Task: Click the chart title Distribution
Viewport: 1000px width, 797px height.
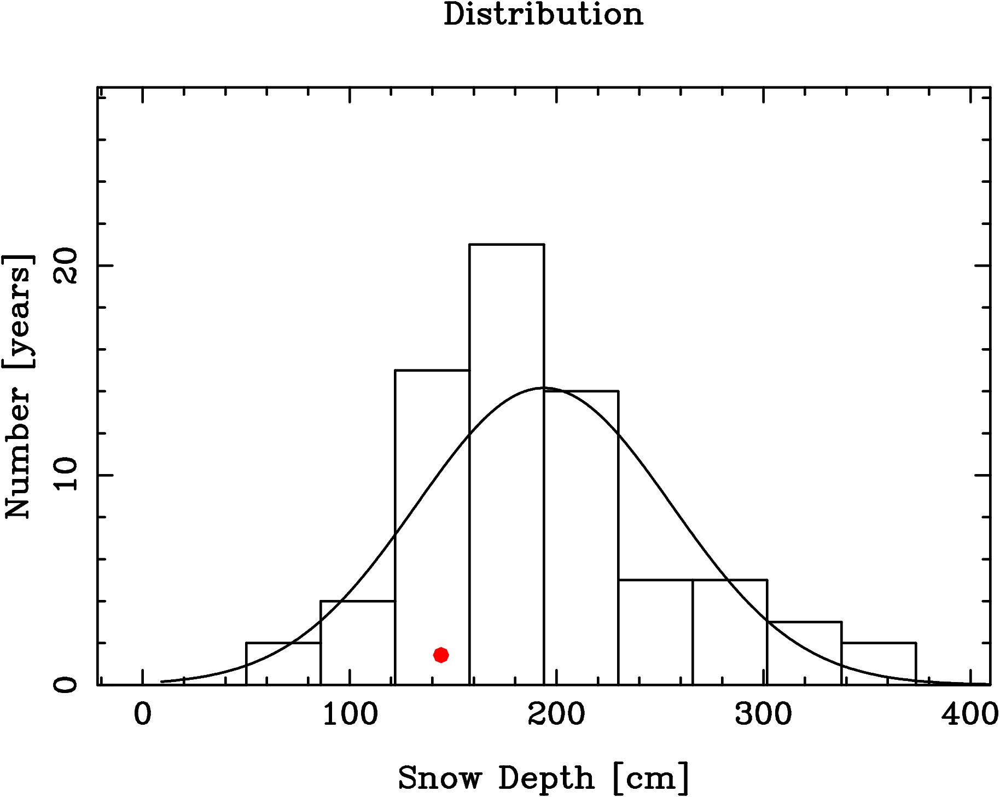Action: pyautogui.click(x=543, y=14)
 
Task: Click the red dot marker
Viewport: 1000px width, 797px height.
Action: pyautogui.click(x=441, y=655)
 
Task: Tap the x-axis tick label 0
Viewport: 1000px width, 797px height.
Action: pyautogui.click(x=143, y=715)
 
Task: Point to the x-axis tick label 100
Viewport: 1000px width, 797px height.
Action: pyautogui.click(x=350, y=715)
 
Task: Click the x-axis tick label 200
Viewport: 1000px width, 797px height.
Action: pyautogui.click(x=556, y=715)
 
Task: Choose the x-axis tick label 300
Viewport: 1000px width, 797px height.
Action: pyautogui.click(x=763, y=715)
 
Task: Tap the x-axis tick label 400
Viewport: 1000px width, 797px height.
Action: pyautogui.click(x=969, y=715)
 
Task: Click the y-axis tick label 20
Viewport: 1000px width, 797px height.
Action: pyautogui.click(x=67, y=266)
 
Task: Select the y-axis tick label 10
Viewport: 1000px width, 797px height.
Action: pyautogui.click(x=67, y=475)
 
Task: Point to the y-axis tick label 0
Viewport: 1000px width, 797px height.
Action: pyautogui.click(x=67, y=685)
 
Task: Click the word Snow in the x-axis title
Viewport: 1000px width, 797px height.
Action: pyautogui.click(x=440, y=778)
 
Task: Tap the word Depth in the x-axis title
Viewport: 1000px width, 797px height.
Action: pyautogui.click(x=546, y=778)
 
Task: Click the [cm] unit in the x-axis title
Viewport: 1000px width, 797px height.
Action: pyautogui.click(x=651, y=778)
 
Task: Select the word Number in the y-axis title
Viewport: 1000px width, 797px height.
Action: pyautogui.click(x=18, y=452)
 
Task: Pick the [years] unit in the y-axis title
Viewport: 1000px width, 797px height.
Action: pyautogui.click(x=18, y=311)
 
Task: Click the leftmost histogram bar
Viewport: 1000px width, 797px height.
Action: pyautogui.click(x=283, y=663)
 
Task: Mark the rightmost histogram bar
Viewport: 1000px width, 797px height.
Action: pyautogui.click(x=879, y=663)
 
